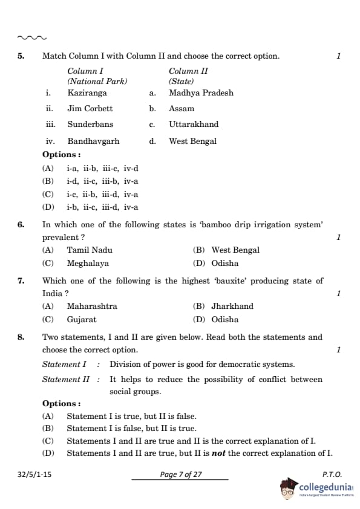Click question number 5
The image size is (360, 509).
(x=21, y=56)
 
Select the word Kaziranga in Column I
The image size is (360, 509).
(x=87, y=93)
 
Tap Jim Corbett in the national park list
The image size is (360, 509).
(x=90, y=109)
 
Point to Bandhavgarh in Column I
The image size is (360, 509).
(x=93, y=141)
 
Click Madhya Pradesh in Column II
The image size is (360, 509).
(x=201, y=93)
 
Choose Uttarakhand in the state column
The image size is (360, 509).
(x=194, y=125)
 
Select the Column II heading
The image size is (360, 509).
(x=188, y=71)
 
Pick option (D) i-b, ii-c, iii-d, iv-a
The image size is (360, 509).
(x=102, y=207)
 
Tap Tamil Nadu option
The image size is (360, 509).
(x=89, y=250)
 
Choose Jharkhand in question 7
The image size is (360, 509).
(x=232, y=306)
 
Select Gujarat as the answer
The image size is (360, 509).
(x=81, y=320)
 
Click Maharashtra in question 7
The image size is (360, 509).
(x=92, y=306)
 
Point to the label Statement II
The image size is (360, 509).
(x=66, y=380)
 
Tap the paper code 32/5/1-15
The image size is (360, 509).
(x=34, y=475)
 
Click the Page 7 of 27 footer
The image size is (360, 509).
(x=180, y=475)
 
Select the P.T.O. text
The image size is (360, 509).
(x=332, y=475)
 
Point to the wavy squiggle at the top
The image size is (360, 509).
(x=32, y=37)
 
